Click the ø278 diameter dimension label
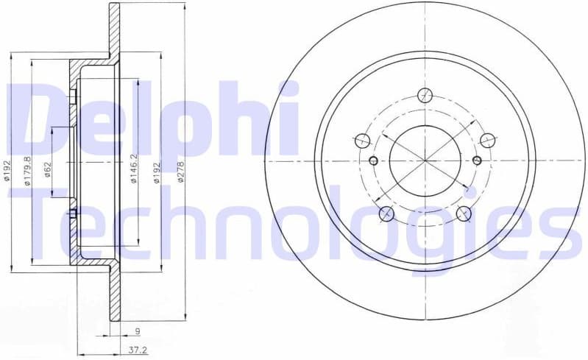[179, 172]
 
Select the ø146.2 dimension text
[134, 169]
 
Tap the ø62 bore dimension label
[47, 170]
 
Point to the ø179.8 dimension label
[27, 171]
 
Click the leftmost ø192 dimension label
[8, 170]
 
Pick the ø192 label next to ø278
[156, 172]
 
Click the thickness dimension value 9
[138, 331]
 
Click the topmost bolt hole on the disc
[425, 95]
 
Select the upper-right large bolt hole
[487, 140]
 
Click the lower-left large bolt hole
[386, 213]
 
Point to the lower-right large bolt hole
[464, 213]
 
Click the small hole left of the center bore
[373, 160]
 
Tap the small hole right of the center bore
[476, 160]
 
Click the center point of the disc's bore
[425, 160]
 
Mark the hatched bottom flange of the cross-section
[115, 294]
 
